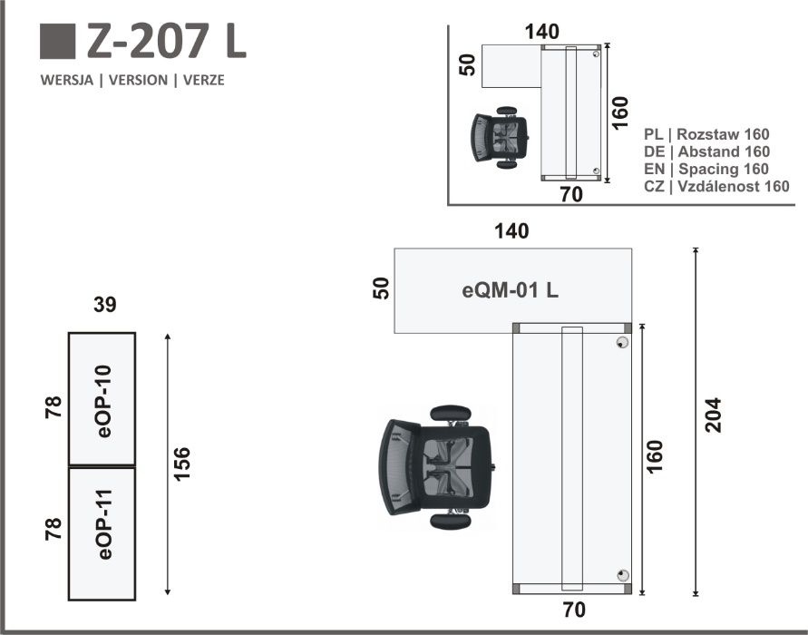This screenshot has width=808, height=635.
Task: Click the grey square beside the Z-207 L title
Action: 58,41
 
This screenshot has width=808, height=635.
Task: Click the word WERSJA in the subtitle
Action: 67,81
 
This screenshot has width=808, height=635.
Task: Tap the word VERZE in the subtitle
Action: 203,81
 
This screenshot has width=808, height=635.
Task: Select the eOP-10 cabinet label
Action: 104,401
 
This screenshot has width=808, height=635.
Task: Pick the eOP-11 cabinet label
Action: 104,524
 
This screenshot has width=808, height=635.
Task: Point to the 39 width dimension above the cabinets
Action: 104,305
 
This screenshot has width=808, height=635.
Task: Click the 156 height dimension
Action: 181,464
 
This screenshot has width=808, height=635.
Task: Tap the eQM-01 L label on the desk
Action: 511,290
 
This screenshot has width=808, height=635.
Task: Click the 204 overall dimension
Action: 713,415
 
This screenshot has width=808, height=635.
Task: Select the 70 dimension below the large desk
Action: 574,610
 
